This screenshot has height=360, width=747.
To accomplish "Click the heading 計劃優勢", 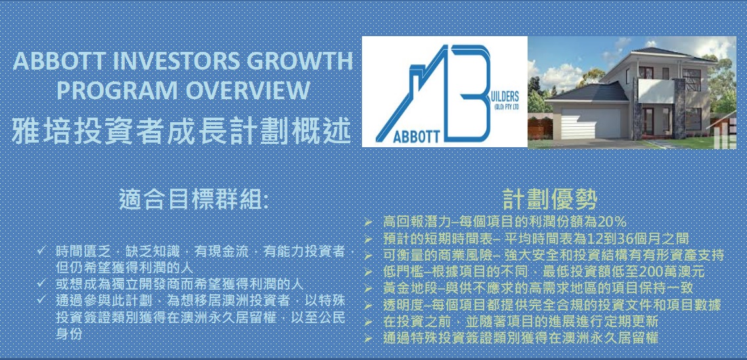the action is (550, 200).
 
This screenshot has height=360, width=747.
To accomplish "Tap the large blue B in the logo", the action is (472, 93).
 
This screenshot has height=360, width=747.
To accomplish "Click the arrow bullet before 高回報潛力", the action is (368, 222).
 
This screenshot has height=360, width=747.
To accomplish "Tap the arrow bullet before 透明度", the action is (368, 306).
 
